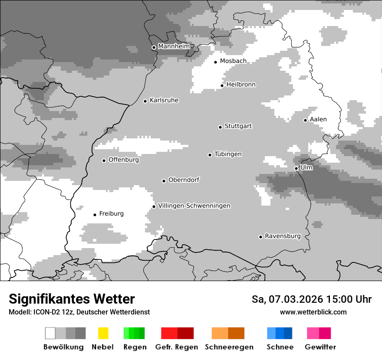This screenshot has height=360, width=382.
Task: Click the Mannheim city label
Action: (174, 46)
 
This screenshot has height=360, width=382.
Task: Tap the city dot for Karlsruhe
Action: (145, 101)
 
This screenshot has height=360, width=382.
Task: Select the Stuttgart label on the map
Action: (238, 126)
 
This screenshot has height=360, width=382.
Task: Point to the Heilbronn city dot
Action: (222, 85)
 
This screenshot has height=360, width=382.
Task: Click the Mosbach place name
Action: (233, 61)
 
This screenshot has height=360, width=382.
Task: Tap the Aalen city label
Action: (318, 119)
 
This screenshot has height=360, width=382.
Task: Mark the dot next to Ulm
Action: (296, 168)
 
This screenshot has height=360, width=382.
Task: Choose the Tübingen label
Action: (228, 154)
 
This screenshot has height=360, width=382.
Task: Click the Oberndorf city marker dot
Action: (164, 181)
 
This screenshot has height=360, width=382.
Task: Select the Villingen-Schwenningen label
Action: (194, 206)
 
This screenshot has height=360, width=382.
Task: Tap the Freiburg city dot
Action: (95, 215)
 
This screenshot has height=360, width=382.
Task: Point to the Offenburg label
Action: (124, 160)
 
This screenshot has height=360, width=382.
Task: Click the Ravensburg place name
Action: (283, 236)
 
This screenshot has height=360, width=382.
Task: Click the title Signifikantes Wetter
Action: (72, 299)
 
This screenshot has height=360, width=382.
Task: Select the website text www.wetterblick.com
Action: (313, 312)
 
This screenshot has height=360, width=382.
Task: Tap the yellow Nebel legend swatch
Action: (103, 333)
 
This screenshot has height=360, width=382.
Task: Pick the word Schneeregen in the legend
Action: (229, 347)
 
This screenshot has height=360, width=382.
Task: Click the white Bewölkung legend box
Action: (50, 333)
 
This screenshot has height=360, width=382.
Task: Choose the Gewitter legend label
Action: (320, 347)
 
